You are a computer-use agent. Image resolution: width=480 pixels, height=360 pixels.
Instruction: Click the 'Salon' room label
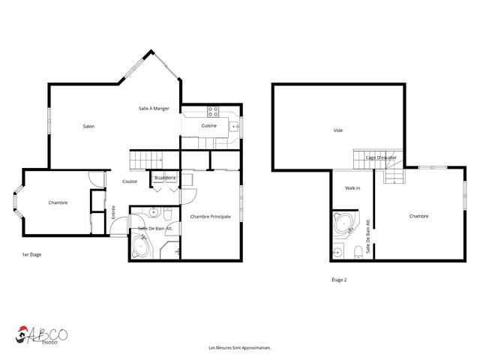point(88,126)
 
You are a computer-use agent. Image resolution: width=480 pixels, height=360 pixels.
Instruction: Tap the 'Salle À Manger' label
point(154,109)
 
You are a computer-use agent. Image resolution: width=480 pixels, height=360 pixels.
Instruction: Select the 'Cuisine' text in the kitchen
point(209,126)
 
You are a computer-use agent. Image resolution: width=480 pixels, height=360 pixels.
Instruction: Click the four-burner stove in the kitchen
point(213,112)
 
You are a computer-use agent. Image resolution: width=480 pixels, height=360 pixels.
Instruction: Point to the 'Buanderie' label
point(165,178)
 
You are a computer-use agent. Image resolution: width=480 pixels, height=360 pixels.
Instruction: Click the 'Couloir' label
point(129,181)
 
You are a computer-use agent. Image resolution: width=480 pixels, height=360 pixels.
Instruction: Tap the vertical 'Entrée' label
point(113,212)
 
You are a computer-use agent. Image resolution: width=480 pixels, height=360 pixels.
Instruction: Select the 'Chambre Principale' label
point(210,217)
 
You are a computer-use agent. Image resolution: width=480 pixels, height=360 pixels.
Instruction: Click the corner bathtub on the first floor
point(142,247)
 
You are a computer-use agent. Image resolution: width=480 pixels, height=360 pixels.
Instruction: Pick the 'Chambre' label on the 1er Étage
point(58,202)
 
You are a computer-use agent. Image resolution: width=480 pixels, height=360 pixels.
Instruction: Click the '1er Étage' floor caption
point(31,255)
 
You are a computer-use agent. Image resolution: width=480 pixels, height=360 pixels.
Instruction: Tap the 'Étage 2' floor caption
point(339,280)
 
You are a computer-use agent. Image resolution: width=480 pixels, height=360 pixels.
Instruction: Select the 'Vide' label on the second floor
point(337,130)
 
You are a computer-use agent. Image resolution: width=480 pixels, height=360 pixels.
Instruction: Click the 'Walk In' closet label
point(352,188)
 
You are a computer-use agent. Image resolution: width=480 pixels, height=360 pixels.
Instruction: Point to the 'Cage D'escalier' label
point(381,157)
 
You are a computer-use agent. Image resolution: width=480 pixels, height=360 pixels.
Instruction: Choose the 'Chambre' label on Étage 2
point(418,216)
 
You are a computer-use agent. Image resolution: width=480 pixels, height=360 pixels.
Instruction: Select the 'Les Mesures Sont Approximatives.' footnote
point(239,348)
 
